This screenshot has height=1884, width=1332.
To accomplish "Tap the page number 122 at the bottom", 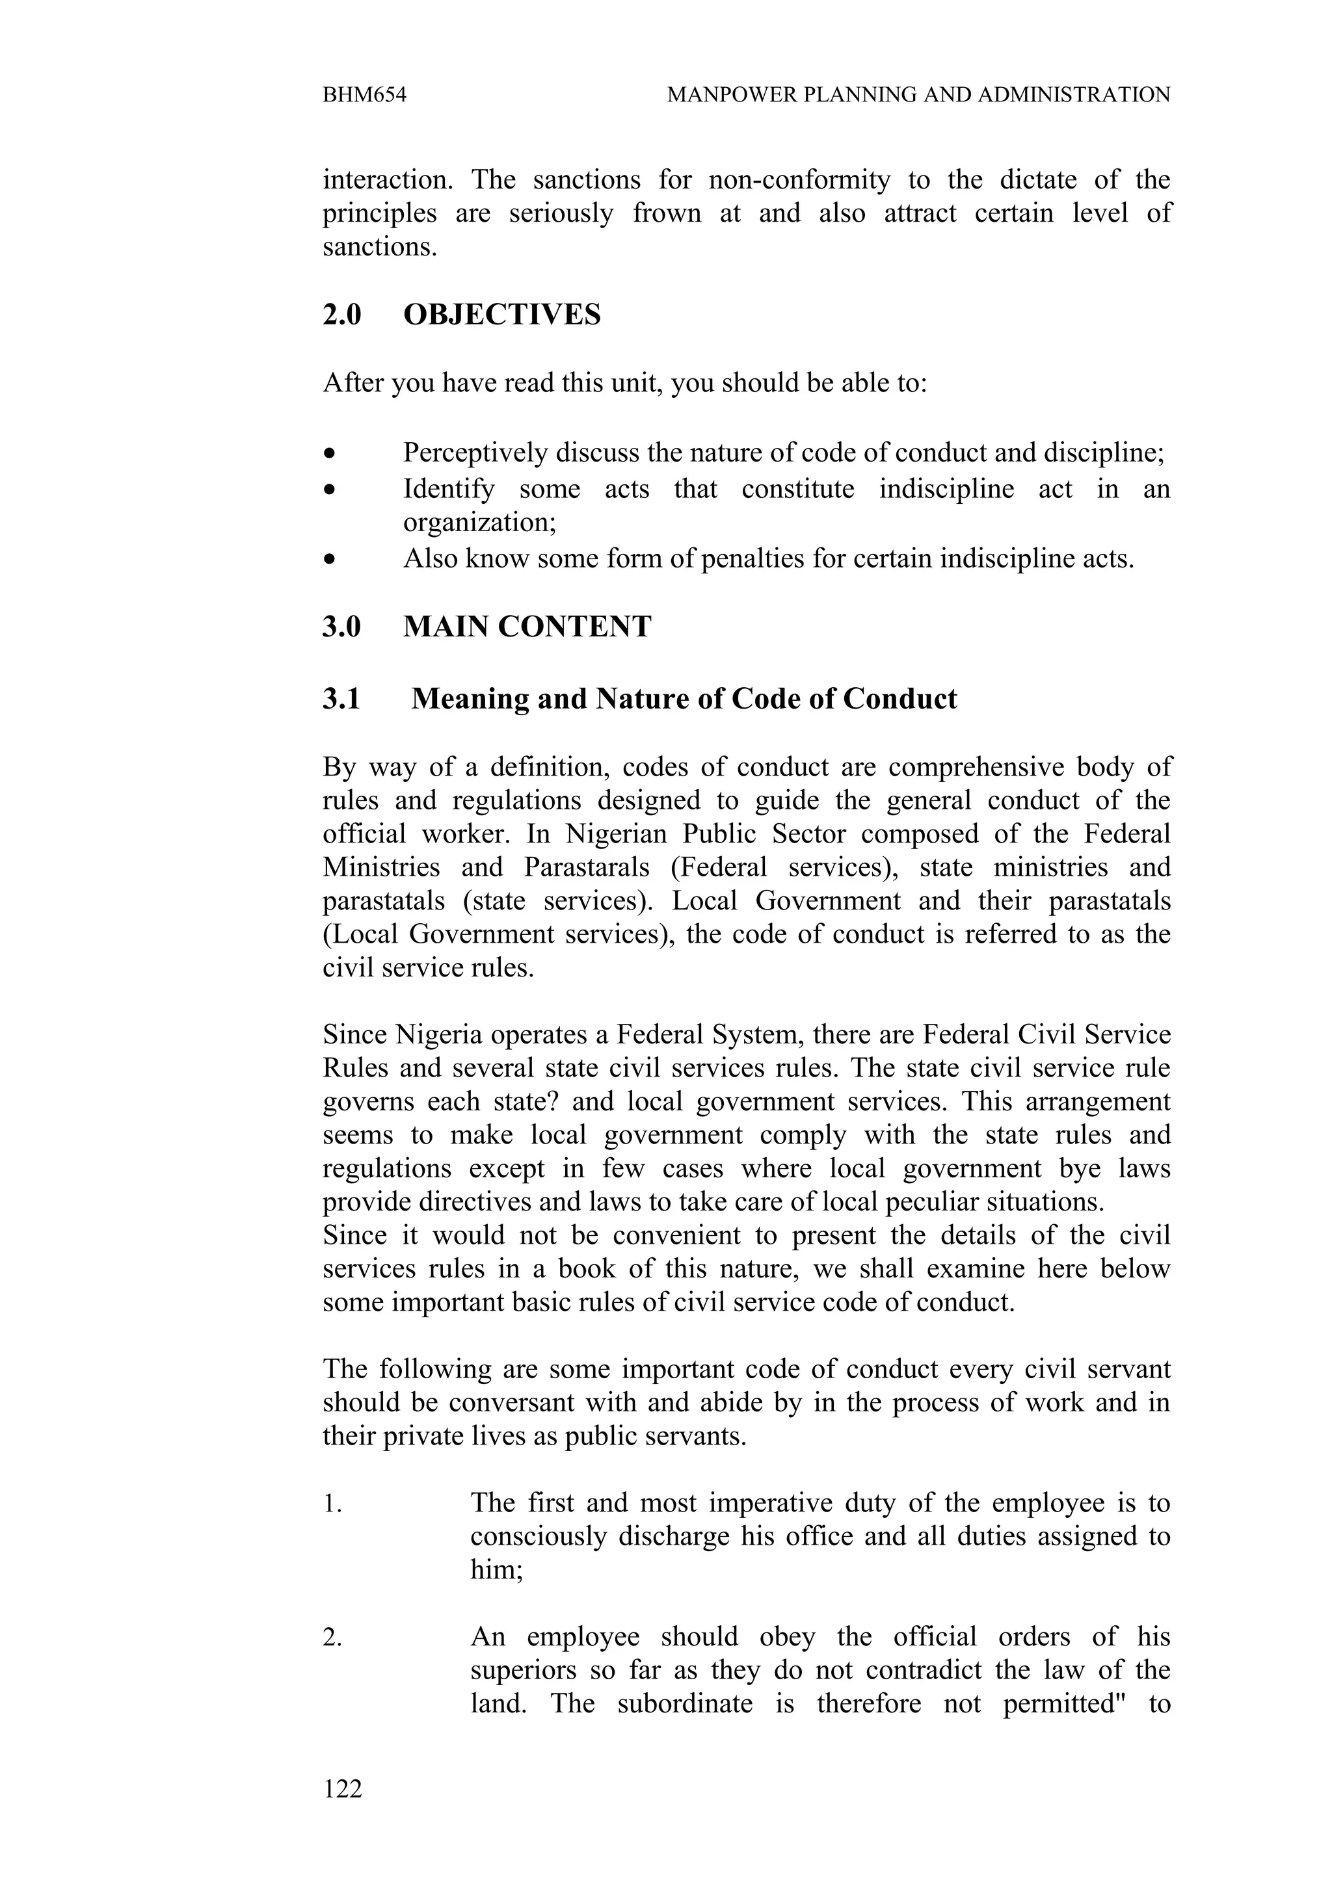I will (342, 1788).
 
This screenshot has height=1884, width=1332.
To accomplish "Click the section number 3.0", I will (341, 627).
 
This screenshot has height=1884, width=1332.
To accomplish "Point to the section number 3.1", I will (341, 699).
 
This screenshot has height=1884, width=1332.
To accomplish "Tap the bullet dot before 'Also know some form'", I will (330, 560).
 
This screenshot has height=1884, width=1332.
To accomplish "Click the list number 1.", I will (332, 1504).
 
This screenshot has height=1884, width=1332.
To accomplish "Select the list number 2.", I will (332, 1637).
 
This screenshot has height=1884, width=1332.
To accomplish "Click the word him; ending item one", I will (496, 1571).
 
